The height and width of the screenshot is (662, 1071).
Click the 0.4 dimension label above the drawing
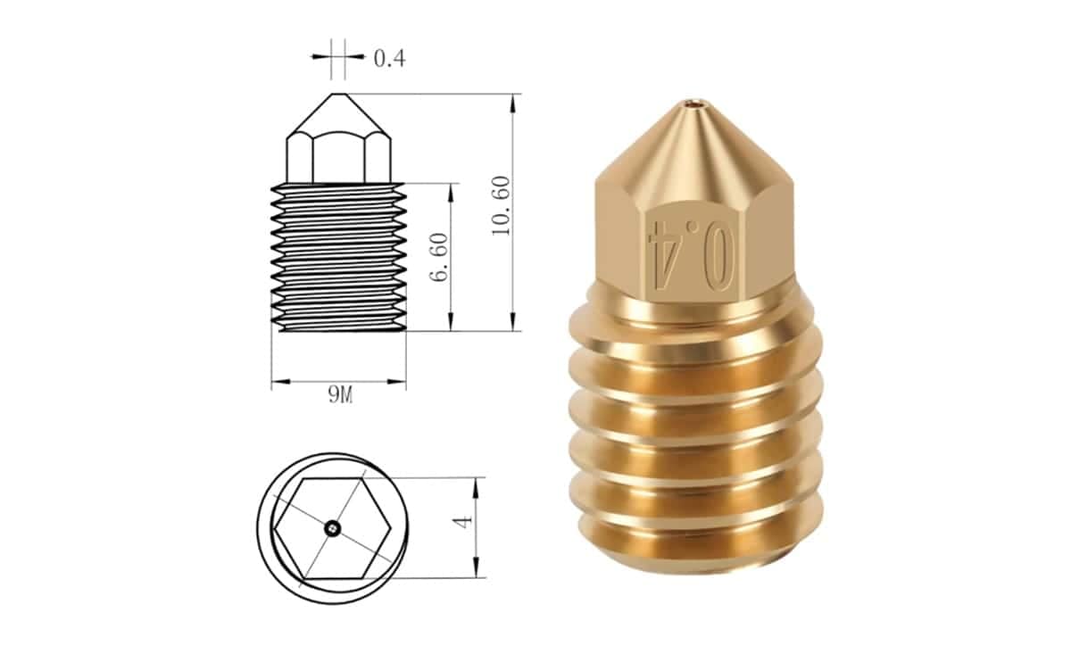click(389, 58)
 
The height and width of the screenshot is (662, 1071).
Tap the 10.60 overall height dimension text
click(502, 205)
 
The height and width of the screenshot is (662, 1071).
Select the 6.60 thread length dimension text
click(439, 257)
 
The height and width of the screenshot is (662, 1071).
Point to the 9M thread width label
click(340, 395)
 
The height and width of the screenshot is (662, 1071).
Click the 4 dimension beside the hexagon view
click(462, 521)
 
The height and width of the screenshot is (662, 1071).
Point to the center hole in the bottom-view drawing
click(332, 528)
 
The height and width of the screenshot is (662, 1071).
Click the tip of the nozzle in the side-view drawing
click(339, 95)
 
